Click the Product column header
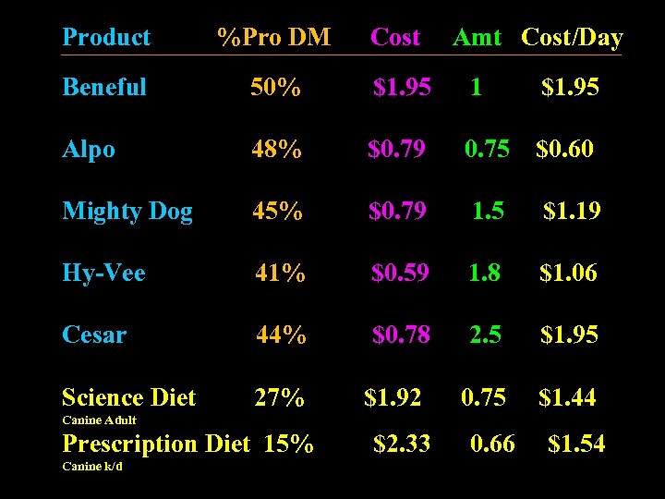[x=105, y=38]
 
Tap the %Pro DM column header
[x=273, y=38]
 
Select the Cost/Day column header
[x=572, y=38]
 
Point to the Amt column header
[x=477, y=38]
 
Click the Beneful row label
[x=104, y=88]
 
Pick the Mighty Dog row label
[x=127, y=212]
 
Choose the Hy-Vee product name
[x=103, y=273]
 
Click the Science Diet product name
[x=128, y=398]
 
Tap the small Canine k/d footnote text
[x=91, y=466]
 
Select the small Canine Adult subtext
[x=99, y=420]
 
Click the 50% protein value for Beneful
[x=275, y=88]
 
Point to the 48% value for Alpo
[x=276, y=149]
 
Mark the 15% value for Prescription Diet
[x=288, y=444]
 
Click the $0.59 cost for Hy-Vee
[x=400, y=273]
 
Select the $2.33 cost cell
[x=402, y=444]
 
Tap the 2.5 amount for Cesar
[x=485, y=335]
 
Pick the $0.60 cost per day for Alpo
[x=564, y=149]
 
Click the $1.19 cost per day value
[x=572, y=212]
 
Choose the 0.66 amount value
[x=492, y=444]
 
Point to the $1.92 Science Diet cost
[x=393, y=398]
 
